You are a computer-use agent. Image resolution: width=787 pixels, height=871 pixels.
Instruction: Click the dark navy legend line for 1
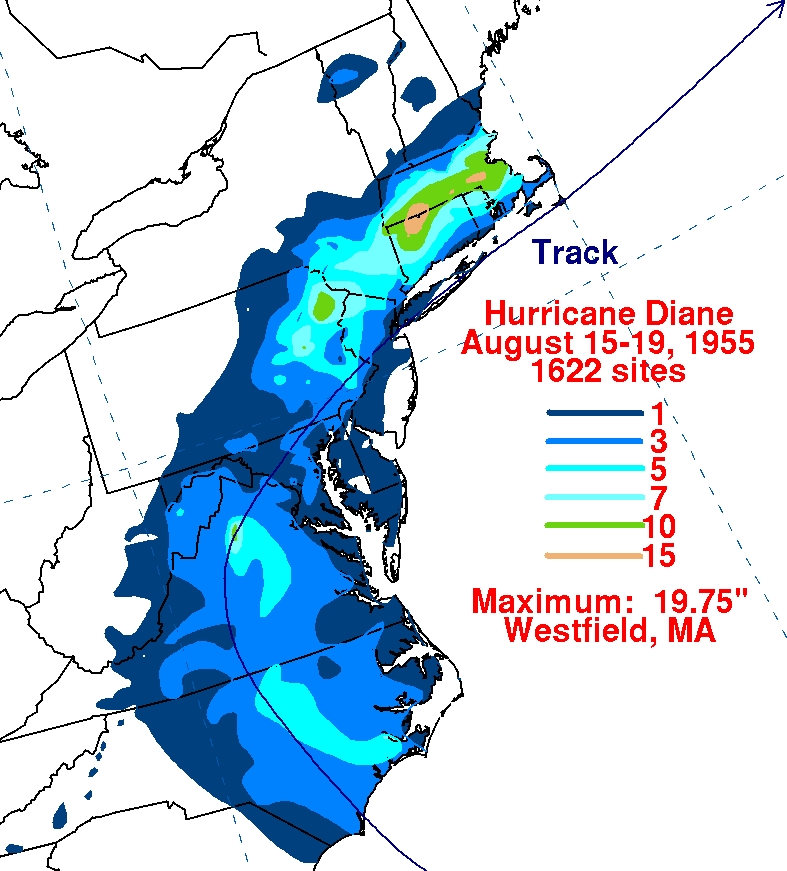[594, 412]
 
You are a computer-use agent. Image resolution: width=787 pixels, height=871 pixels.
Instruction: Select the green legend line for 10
[594, 525]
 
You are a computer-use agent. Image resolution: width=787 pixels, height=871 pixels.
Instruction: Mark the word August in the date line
[516, 342]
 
